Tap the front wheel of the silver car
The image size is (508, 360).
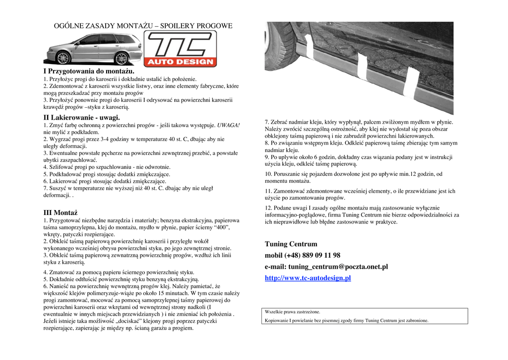(x=63, y=58)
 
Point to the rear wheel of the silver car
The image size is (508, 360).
(x=121, y=58)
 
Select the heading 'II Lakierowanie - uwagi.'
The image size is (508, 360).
(x=81, y=118)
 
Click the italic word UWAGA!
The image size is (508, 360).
(x=228, y=126)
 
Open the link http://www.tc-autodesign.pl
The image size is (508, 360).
(x=308, y=278)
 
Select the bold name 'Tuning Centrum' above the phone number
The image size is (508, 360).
(x=291, y=244)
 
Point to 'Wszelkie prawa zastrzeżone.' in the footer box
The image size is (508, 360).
(x=293, y=312)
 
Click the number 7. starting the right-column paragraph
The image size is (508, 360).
(x=267, y=122)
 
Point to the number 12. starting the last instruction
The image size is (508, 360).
(x=268, y=208)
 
